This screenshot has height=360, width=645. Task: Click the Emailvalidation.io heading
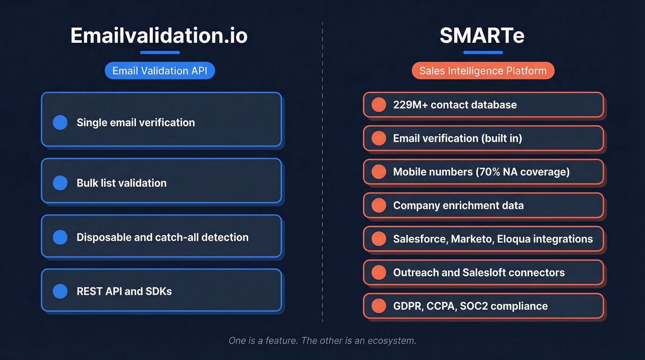point(159,35)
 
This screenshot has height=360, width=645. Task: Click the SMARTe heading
point(482,35)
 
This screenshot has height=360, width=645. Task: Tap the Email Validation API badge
point(159,71)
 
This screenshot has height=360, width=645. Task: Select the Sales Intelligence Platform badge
point(483,71)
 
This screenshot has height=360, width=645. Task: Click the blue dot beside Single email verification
point(60,123)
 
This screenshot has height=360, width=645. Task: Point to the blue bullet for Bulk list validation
point(60,183)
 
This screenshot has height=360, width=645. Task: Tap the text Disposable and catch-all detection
point(163,237)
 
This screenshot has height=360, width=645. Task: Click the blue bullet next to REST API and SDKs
point(60,291)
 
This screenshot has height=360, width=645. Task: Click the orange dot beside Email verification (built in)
point(379,138)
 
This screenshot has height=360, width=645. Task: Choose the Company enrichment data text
point(458,206)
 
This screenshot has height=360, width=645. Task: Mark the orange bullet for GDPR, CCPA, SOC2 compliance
point(379,306)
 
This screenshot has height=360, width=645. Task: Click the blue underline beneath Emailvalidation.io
point(159,53)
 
